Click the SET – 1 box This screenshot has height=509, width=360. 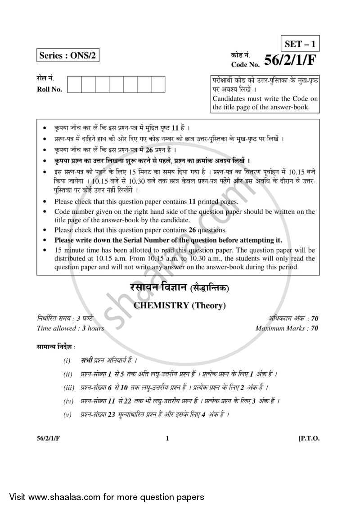tap(300, 44)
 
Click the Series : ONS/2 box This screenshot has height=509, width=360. tap(67, 56)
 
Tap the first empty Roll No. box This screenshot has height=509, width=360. tap(75, 84)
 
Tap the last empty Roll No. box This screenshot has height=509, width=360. tap(158, 84)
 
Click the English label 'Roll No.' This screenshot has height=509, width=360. tap(49, 89)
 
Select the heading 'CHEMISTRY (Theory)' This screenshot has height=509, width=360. tap(180, 306)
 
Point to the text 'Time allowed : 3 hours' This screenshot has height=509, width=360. tap(70, 329)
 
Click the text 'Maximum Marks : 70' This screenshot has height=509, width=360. tap(287, 329)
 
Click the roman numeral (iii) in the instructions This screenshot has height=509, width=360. tap(69, 387)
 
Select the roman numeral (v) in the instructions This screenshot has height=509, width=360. tap(68, 414)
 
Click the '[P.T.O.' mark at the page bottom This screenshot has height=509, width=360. tap(309, 439)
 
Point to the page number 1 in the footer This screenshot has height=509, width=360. tap(167, 439)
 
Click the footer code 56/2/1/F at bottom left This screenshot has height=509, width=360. tap(48, 439)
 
